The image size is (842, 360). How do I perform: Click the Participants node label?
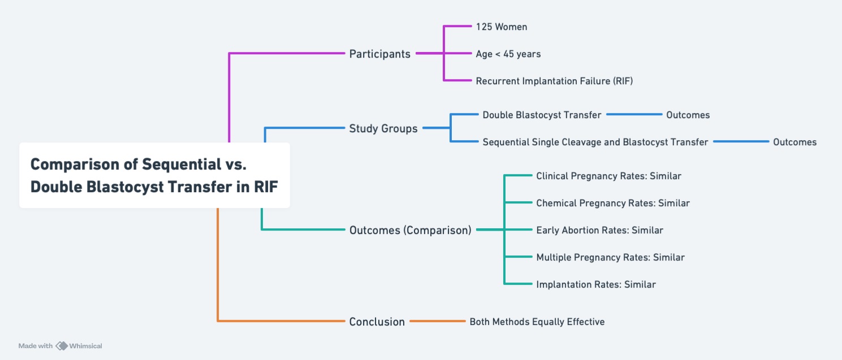click(x=379, y=54)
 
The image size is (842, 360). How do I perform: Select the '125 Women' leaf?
click(x=502, y=27)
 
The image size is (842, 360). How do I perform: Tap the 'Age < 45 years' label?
click(x=508, y=54)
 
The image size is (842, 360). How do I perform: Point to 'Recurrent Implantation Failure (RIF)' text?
click(x=554, y=81)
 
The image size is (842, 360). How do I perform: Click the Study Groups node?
click(x=383, y=128)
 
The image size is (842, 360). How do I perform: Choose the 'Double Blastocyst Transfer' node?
click(x=542, y=115)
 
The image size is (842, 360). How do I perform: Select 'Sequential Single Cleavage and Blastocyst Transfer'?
click(x=595, y=142)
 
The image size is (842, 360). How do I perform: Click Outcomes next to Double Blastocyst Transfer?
click(x=688, y=115)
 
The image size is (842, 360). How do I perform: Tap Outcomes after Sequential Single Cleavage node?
click(x=794, y=142)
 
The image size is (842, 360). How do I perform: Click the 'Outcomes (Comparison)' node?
click(x=410, y=230)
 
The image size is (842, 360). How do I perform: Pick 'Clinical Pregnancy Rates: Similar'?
click(x=608, y=176)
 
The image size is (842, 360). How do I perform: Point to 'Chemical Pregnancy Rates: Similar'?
click(x=613, y=203)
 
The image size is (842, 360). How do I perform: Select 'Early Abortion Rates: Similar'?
click(x=599, y=230)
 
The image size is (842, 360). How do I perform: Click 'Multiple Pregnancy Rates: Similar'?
click(x=611, y=257)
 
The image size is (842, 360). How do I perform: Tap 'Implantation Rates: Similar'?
click(x=596, y=284)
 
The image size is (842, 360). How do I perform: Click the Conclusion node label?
click(x=377, y=322)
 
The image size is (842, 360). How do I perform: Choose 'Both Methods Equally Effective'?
click(x=537, y=322)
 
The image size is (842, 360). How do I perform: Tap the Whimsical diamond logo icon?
click(x=62, y=346)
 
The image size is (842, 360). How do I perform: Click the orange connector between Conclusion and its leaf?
click(x=438, y=322)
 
